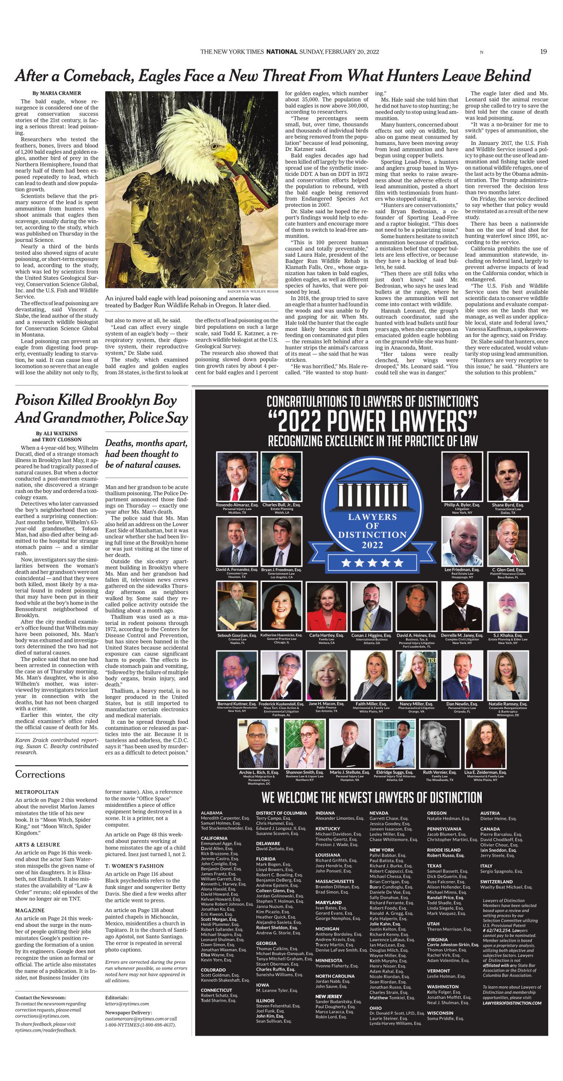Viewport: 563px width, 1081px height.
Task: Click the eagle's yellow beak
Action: point(227,152)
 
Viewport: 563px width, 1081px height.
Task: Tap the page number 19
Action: point(543,52)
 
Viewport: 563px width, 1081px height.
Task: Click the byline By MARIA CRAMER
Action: point(57,93)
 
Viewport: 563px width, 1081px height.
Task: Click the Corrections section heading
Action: point(40,774)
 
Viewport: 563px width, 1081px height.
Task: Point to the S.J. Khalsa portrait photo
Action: point(508,606)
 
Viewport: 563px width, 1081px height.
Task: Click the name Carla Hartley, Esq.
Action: point(326,635)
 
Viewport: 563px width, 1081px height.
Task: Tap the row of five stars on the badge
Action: point(372,563)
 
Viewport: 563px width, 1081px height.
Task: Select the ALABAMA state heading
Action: point(212,813)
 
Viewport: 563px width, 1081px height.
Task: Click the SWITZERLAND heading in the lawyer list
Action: point(497,882)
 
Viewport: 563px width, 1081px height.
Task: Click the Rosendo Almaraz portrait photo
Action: point(237,476)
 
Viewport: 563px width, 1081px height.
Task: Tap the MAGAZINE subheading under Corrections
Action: point(30,910)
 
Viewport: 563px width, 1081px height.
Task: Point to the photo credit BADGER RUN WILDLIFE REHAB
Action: point(252,292)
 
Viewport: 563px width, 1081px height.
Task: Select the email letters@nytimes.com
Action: point(127,1003)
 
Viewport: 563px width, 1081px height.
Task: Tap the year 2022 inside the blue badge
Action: point(372,545)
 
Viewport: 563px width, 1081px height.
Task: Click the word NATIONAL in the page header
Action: point(281,52)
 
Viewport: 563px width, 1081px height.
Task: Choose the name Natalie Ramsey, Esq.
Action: point(508,704)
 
